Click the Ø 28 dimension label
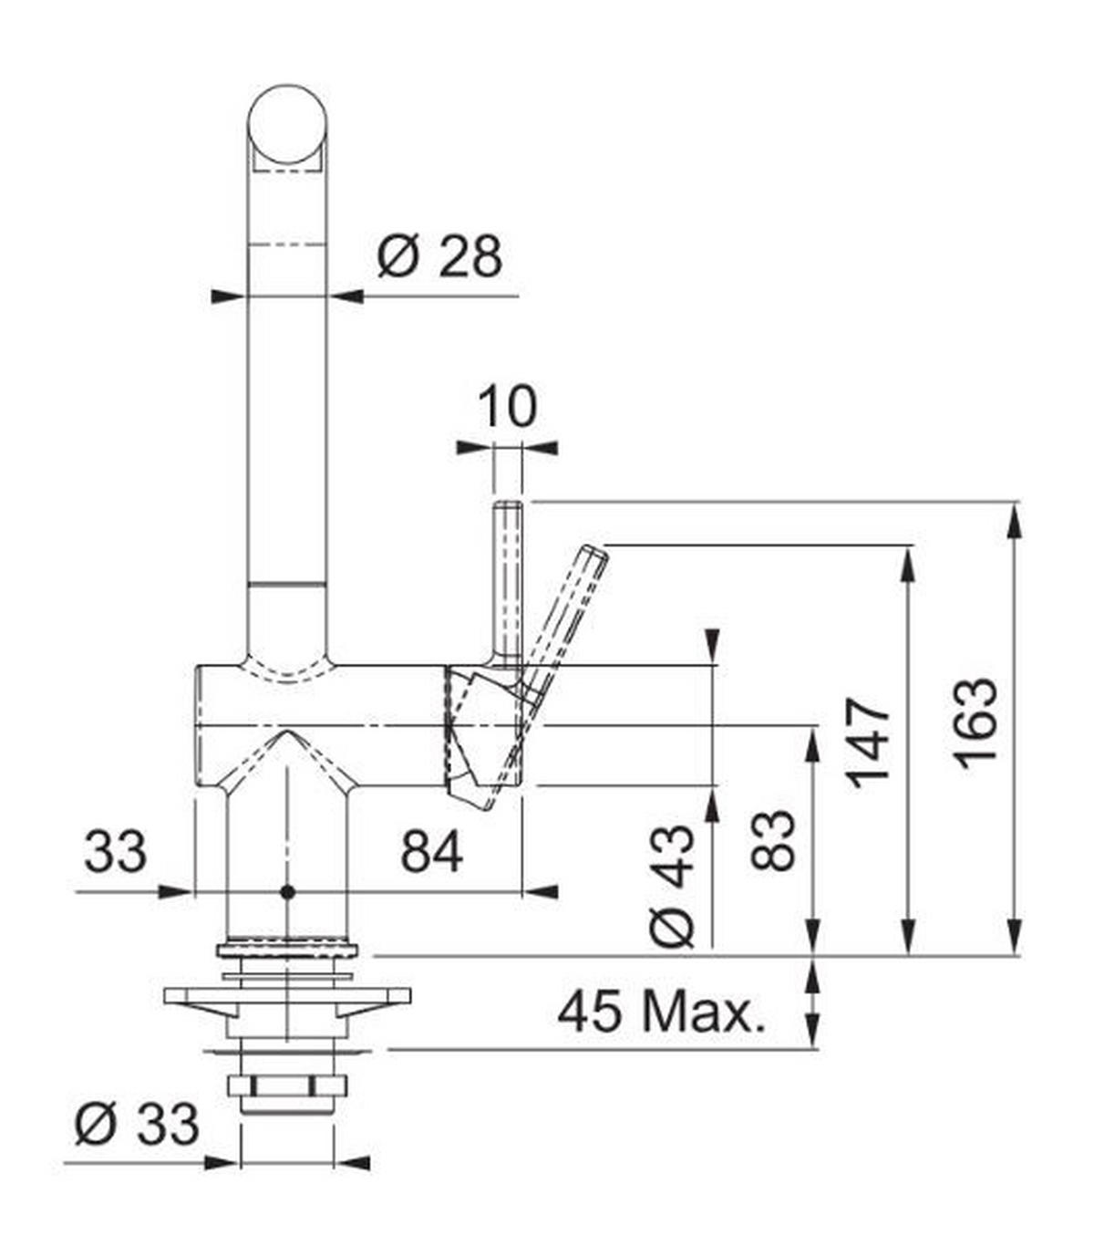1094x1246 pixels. tap(439, 257)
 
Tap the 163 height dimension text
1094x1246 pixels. tap(976, 722)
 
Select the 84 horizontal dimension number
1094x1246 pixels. tap(432, 853)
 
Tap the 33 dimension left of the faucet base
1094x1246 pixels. tap(115, 853)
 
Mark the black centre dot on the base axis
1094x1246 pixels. tap(287, 891)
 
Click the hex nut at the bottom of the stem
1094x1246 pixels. tap(286, 1086)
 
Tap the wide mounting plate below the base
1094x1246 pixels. tap(286, 996)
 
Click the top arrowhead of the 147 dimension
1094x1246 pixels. tap(907, 560)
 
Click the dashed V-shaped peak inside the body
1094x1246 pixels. tap(286, 734)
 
